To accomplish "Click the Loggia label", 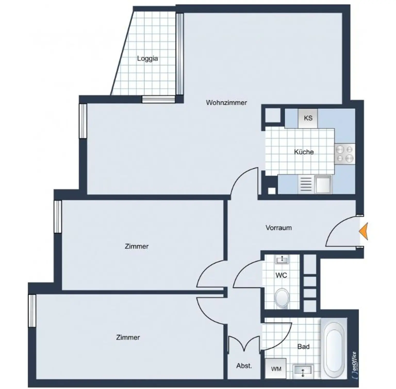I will tap(147, 58).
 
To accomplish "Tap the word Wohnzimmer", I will tap(226, 102).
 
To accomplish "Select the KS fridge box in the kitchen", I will tap(308, 118).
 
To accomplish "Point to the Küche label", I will tap(304, 152).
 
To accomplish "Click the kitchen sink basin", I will tap(323, 184).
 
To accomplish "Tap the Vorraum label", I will tap(278, 228).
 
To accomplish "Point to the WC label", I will tap(281, 275).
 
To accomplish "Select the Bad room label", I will tap(303, 347).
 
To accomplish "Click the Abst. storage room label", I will tap(244, 366).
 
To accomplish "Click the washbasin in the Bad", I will tap(303, 370).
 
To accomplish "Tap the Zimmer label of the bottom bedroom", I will tap(128, 337).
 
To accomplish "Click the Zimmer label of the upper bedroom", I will tap(136, 246).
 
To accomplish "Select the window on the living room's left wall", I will tap(83, 121).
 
